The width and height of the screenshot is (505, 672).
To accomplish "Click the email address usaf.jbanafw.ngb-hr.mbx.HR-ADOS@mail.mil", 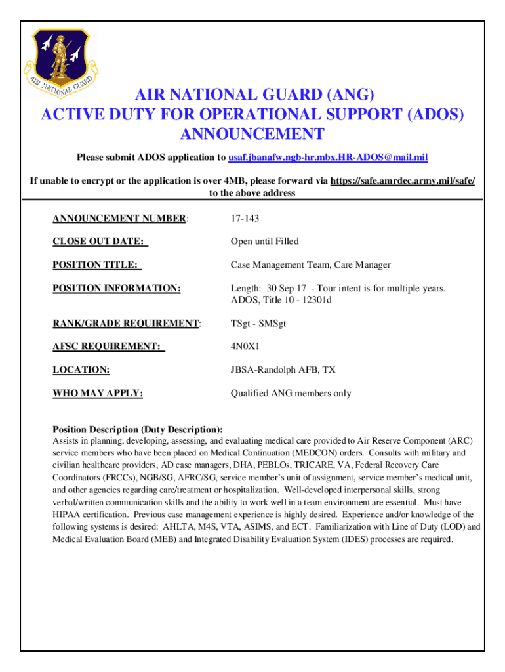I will pos(328,158).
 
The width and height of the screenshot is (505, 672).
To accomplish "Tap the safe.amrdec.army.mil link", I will pos(403,181).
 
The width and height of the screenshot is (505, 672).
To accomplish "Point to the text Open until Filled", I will pos(264,241).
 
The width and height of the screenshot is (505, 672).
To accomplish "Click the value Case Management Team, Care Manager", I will pos(310,265).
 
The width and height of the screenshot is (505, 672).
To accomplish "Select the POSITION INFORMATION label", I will pos(116,288).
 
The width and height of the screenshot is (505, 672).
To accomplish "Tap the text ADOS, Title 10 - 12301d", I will pos(281,300).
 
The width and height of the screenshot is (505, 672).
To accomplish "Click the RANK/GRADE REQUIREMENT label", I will pos(125,323).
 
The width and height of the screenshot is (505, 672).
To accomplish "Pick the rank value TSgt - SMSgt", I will pos(258,323).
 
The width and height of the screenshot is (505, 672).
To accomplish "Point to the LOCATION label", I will pos(81,370).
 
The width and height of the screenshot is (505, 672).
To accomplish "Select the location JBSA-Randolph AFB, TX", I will pos(283,370).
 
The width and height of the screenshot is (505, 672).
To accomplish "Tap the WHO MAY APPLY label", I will pos(98,394).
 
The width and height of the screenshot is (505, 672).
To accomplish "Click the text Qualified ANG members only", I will pos(291,394).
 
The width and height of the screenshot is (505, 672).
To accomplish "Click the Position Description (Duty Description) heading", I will pos(138,430).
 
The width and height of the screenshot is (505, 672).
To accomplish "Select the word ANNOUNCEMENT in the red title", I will pos(252,135).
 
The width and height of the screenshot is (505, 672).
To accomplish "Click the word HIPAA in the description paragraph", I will pos(66,514).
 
